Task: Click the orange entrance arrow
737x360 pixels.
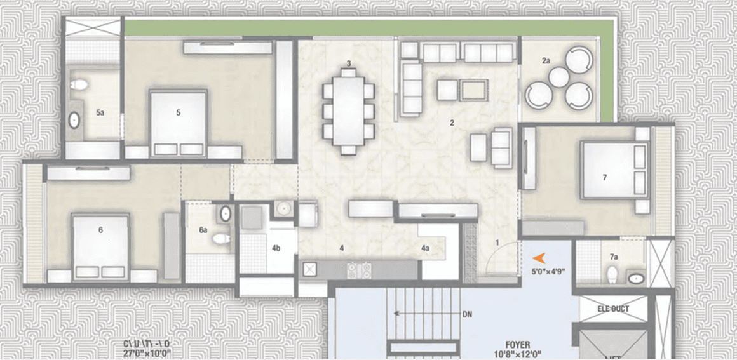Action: pyautogui.click(x=539, y=258)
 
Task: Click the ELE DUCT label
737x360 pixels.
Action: pyautogui.click(x=613, y=309)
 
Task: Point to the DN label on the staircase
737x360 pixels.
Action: pyautogui.click(x=466, y=313)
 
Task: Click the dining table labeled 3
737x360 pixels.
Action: pyautogui.click(x=348, y=110)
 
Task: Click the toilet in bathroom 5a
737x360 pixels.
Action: pyautogui.click(x=78, y=84)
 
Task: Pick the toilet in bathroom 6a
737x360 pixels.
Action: pyautogui.click(x=220, y=239)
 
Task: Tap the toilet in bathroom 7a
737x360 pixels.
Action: pyautogui.click(x=612, y=274)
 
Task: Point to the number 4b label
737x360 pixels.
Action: pyautogui.click(x=276, y=248)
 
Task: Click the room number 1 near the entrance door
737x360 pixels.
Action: pyautogui.click(x=497, y=241)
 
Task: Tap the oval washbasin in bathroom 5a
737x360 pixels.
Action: pyautogui.click(x=74, y=120)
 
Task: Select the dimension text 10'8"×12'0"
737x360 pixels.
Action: pyautogui.click(x=519, y=355)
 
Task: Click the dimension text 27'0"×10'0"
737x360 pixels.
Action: pyautogui.click(x=148, y=354)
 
